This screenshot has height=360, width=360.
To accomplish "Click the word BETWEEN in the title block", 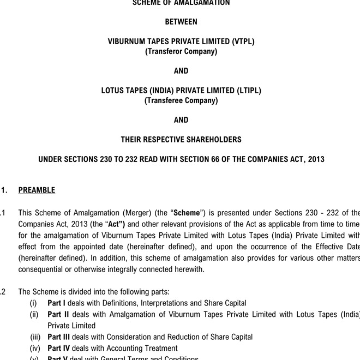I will [x=181, y=22].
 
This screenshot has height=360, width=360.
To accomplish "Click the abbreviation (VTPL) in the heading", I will [x=243, y=41].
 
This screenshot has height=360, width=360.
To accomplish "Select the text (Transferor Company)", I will [x=181, y=51].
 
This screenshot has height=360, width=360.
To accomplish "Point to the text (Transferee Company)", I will [x=181, y=100].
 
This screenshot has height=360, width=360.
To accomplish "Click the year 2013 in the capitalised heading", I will [x=316, y=159].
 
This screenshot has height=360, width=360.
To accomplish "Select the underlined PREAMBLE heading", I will [x=37, y=190].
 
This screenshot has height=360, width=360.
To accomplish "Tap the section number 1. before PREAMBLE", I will [x=4, y=190].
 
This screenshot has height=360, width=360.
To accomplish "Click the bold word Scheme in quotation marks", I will [x=187, y=213].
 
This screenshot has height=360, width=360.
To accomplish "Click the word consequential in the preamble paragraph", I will [x=42, y=269].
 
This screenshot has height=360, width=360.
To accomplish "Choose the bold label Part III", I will [x=59, y=337].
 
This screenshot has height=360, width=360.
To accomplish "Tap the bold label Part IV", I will [x=59, y=348].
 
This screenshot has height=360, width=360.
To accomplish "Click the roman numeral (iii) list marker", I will [x=35, y=337].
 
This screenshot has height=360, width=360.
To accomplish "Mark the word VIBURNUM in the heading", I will [x=127, y=41].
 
